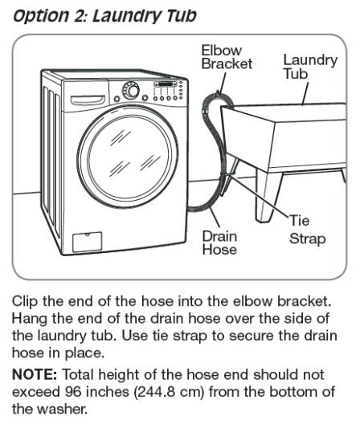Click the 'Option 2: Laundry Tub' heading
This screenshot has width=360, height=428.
tap(104, 16)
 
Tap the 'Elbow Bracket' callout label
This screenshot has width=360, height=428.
tap(227, 57)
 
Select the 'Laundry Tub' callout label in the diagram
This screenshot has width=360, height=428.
tap(310, 67)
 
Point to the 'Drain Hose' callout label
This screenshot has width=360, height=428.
tap(219, 243)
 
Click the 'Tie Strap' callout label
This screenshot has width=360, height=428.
tap(307, 230)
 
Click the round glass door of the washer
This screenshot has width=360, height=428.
tap(128, 156)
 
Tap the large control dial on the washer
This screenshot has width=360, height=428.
tap(130, 91)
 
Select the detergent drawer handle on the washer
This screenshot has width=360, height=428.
tap(88, 100)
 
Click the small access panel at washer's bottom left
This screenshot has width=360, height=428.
tap(88, 242)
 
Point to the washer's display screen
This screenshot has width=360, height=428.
tap(166, 84)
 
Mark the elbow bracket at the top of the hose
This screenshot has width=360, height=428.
tap(219, 97)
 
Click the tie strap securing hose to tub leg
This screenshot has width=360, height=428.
tap(227, 175)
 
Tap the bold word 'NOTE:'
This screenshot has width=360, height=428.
tap(35, 374)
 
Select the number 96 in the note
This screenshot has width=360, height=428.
tap(73, 392)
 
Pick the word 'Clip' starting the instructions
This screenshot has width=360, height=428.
tap(25, 302)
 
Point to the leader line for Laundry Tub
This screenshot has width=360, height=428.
tap(305, 93)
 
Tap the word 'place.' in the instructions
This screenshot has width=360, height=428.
tap(85, 353)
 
